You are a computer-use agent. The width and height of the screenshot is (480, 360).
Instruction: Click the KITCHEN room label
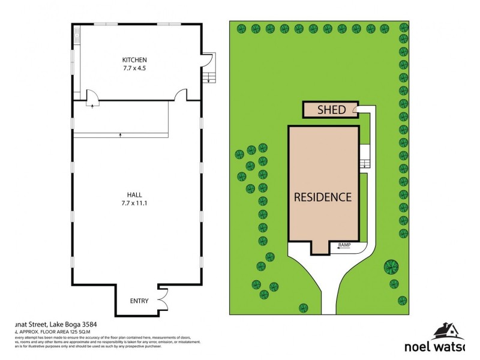pyautogui.click(x=134, y=60)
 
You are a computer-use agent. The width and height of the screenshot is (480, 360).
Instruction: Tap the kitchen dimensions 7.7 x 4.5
pyautogui.click(x=134, y=68)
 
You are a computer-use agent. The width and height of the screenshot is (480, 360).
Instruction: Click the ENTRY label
pyautogui.click(x=139, y=302)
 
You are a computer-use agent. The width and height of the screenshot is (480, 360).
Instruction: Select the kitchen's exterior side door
pyautogui.click(x=205, y=60)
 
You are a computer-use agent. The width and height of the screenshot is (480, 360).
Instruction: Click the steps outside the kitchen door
pyautogui.click(x=210, y=76)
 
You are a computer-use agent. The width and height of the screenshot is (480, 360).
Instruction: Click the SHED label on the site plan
pyautogui.click(x=331, y=110)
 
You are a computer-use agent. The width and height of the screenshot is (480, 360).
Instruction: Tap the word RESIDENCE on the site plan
pyautogui.click(x=322, y=196)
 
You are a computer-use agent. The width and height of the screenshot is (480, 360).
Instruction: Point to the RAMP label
pyautogui.click(x=344, y=245)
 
